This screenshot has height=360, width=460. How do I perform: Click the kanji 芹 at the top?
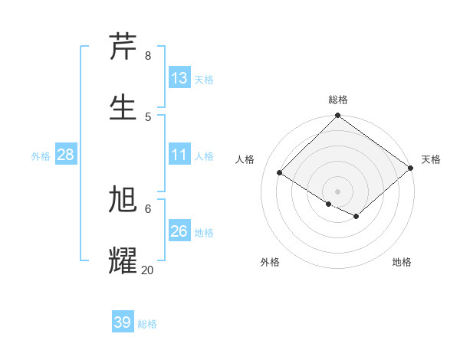[123, 46]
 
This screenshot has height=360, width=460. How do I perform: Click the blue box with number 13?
[179, 78]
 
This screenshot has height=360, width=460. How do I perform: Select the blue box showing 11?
[179, 155]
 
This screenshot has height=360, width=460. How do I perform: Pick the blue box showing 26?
[179, 231]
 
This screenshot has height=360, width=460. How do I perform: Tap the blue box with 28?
[66, 155]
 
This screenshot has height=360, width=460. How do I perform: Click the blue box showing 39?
[123, 322]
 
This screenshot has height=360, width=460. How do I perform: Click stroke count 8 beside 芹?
[147, 56]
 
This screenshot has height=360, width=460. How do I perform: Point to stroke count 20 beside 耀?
[147, 270]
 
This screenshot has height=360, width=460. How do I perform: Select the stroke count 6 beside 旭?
[147, 208]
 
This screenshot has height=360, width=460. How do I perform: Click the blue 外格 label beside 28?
[41, 155]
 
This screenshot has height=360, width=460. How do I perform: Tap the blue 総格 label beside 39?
[147, 324]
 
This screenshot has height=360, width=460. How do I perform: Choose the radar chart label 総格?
[337, 100]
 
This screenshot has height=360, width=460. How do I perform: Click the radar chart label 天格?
[431, 159]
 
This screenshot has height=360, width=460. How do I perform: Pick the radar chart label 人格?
[245, 159]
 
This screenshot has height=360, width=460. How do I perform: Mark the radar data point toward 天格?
[411, 168]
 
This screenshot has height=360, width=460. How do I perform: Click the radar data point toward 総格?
[337, 116]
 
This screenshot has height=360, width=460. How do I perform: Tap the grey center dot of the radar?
[337, 191]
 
